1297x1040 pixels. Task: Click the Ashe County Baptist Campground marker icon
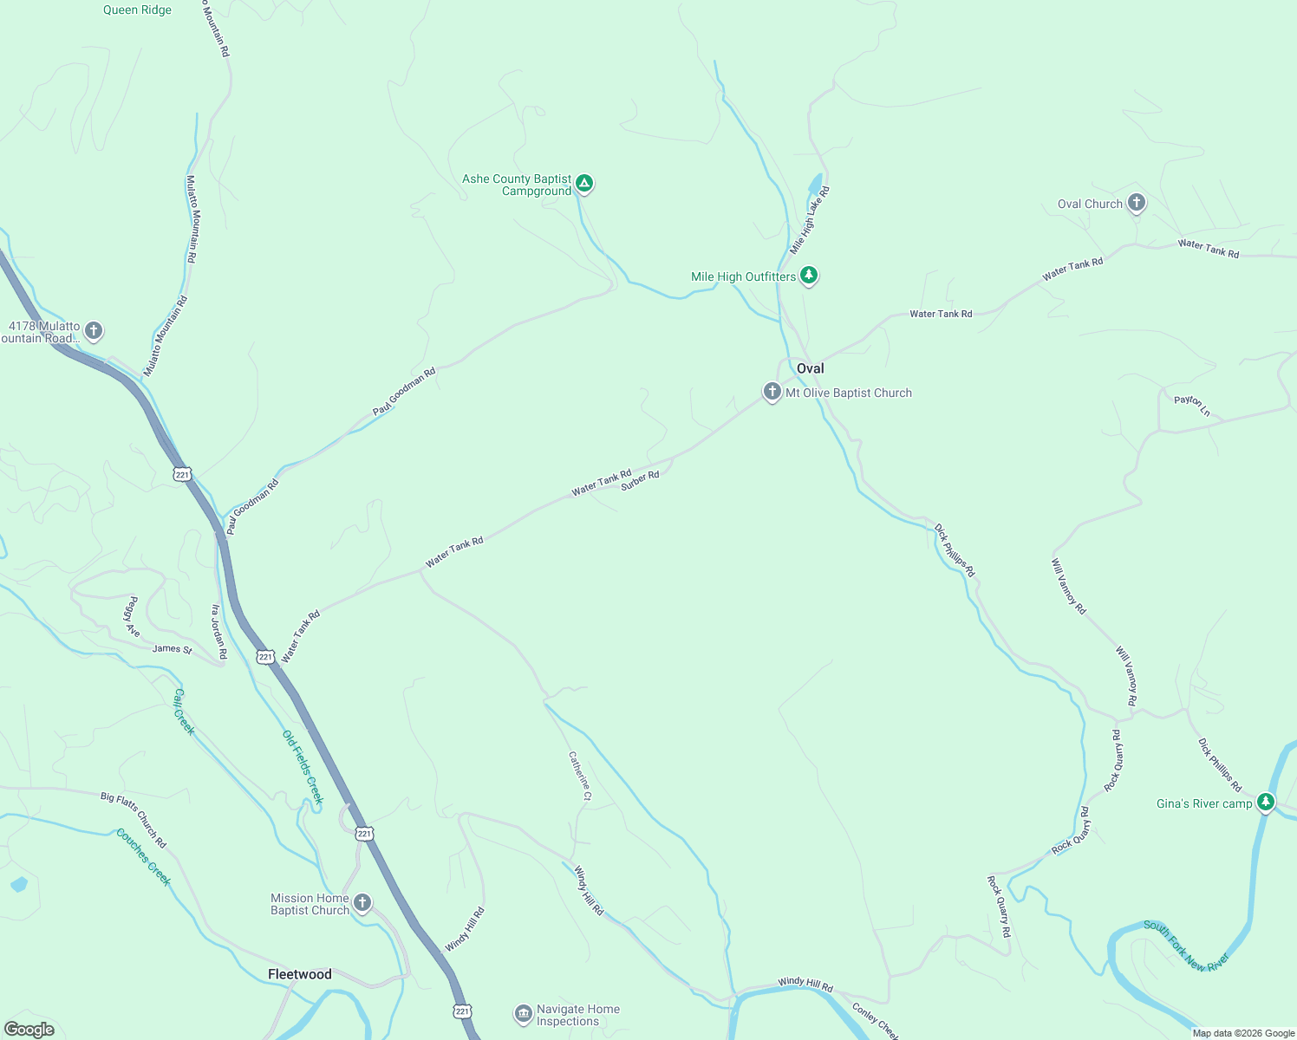click(585, 184)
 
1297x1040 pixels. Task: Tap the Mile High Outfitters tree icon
click(809, 276)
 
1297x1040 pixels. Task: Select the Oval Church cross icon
click(1137, 203)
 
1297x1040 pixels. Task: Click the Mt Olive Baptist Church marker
click(772, 392)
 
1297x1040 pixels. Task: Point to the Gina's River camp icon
click(1266, 802)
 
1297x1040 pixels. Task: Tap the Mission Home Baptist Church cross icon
click(362, 903)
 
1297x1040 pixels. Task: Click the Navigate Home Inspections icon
click(523, 1013)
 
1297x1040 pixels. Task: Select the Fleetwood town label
click(300, 974)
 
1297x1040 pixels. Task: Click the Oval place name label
click(811, 368)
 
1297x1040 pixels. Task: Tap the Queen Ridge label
click(137, 10)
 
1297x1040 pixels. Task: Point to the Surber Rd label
click(640, 481)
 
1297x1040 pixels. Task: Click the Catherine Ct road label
click(580, 775)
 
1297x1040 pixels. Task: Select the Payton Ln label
click(1192, 405)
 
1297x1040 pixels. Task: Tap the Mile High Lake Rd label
click(810, 220)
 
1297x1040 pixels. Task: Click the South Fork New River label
click(1185, 946)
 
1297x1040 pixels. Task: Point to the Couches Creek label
click(144, 857)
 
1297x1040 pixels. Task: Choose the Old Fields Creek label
click(303, 766)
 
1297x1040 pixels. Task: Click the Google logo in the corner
click(29, 1030)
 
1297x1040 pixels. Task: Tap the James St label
click(172, 648)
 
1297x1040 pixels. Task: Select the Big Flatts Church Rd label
click(134, 819)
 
